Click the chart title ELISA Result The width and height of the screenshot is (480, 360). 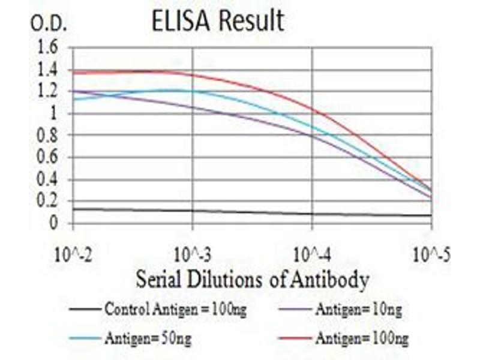click(x=217, y=21)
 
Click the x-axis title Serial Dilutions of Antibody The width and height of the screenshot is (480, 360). click(x=252, y=278)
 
